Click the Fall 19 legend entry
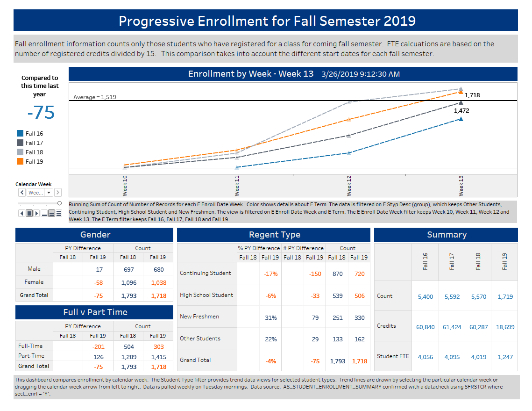pyautogui.click(x=34, y=161)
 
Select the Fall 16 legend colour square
pyautogui.click(x=20, y=133)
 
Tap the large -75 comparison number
pyautogui.click(x=41, y=113)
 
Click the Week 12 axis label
pyautogui.click(x=349, y=186)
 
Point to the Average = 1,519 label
pyautogui.click(x=95, y=97)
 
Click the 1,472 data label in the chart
pyautogui.click(x=461, y=111)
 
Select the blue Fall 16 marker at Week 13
pyautogui.click(x=461, y=119)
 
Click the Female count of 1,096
pyautogui.click(x=128, y=282)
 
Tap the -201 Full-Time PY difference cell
pyautogui.click(x=98, y=346)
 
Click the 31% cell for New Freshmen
pyautogui.click(x=270, y=317)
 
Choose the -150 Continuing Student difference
pyautogui.click(x=315, y=274)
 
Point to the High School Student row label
pyautogui.click(x=206, y=295)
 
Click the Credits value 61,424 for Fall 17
pyautogui.click(x=452, y=327)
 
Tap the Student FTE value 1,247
pyautogui.click(x=505, y=357)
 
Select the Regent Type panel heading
pyautogui.click(x=274, y=235)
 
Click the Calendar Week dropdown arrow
pyautogui.click(x=49, y=193)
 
